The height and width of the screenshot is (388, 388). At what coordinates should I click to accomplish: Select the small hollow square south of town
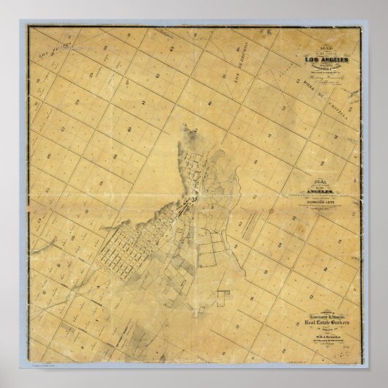point(223,296)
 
